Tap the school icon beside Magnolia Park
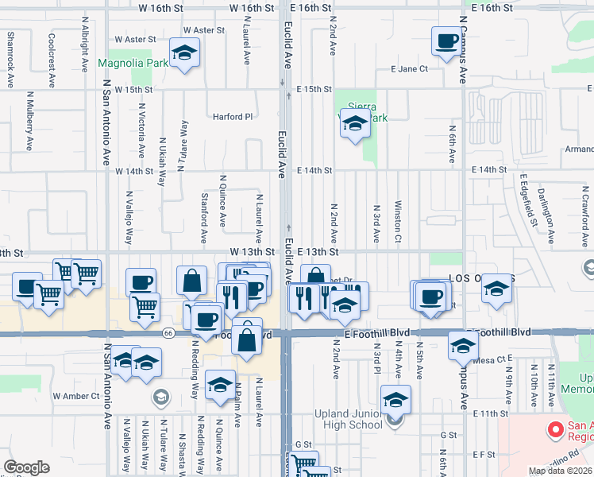(x=185, y=53)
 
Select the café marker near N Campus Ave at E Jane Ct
(x=445, y=41)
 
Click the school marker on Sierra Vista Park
(x=355, y=124)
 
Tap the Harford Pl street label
(x=232, y=116)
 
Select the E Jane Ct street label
(x=409, y=69)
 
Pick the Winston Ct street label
(x=397, y=222)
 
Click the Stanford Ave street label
(x=204, y=217)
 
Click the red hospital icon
(x=555, y=432)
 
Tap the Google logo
(x=26, y=467)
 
